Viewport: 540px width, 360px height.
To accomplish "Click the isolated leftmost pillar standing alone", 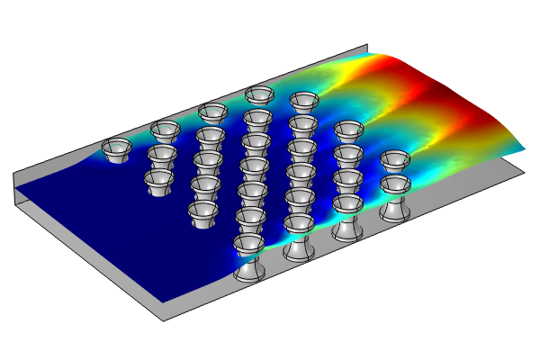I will click(x=116, y=149).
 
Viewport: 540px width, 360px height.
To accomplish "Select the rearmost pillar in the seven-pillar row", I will click(x=259, y=95).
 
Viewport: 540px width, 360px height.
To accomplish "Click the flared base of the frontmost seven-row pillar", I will click(x=248, y=273).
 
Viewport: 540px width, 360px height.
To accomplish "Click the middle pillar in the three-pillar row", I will click(x=162, y=158).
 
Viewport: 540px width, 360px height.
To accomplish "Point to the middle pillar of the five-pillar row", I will click(x=208, y=163).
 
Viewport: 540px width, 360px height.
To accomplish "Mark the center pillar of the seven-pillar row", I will click(x=254, y=168).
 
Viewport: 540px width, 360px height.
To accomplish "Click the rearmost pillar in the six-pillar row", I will click(x=304, y=102).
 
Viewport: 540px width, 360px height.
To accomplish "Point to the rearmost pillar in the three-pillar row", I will click(x=166, y=132).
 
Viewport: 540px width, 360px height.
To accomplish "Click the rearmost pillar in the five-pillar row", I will click(x=213, y=113).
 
